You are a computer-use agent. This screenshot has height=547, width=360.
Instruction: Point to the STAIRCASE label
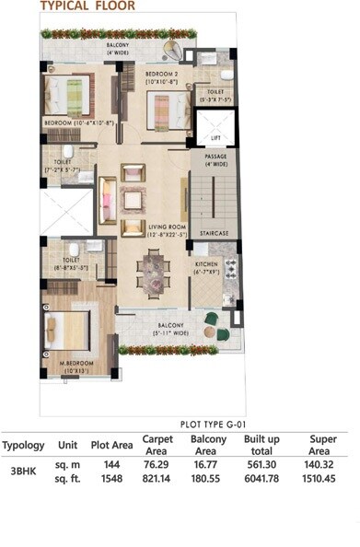[216, 233]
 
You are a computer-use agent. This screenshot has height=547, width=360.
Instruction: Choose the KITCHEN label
[206, 266]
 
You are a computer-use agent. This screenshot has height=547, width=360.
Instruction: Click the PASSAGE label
[215, 157]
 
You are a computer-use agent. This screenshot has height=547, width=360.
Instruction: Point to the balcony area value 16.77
[209, 467]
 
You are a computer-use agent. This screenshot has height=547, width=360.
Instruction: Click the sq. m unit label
[67, 467]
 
